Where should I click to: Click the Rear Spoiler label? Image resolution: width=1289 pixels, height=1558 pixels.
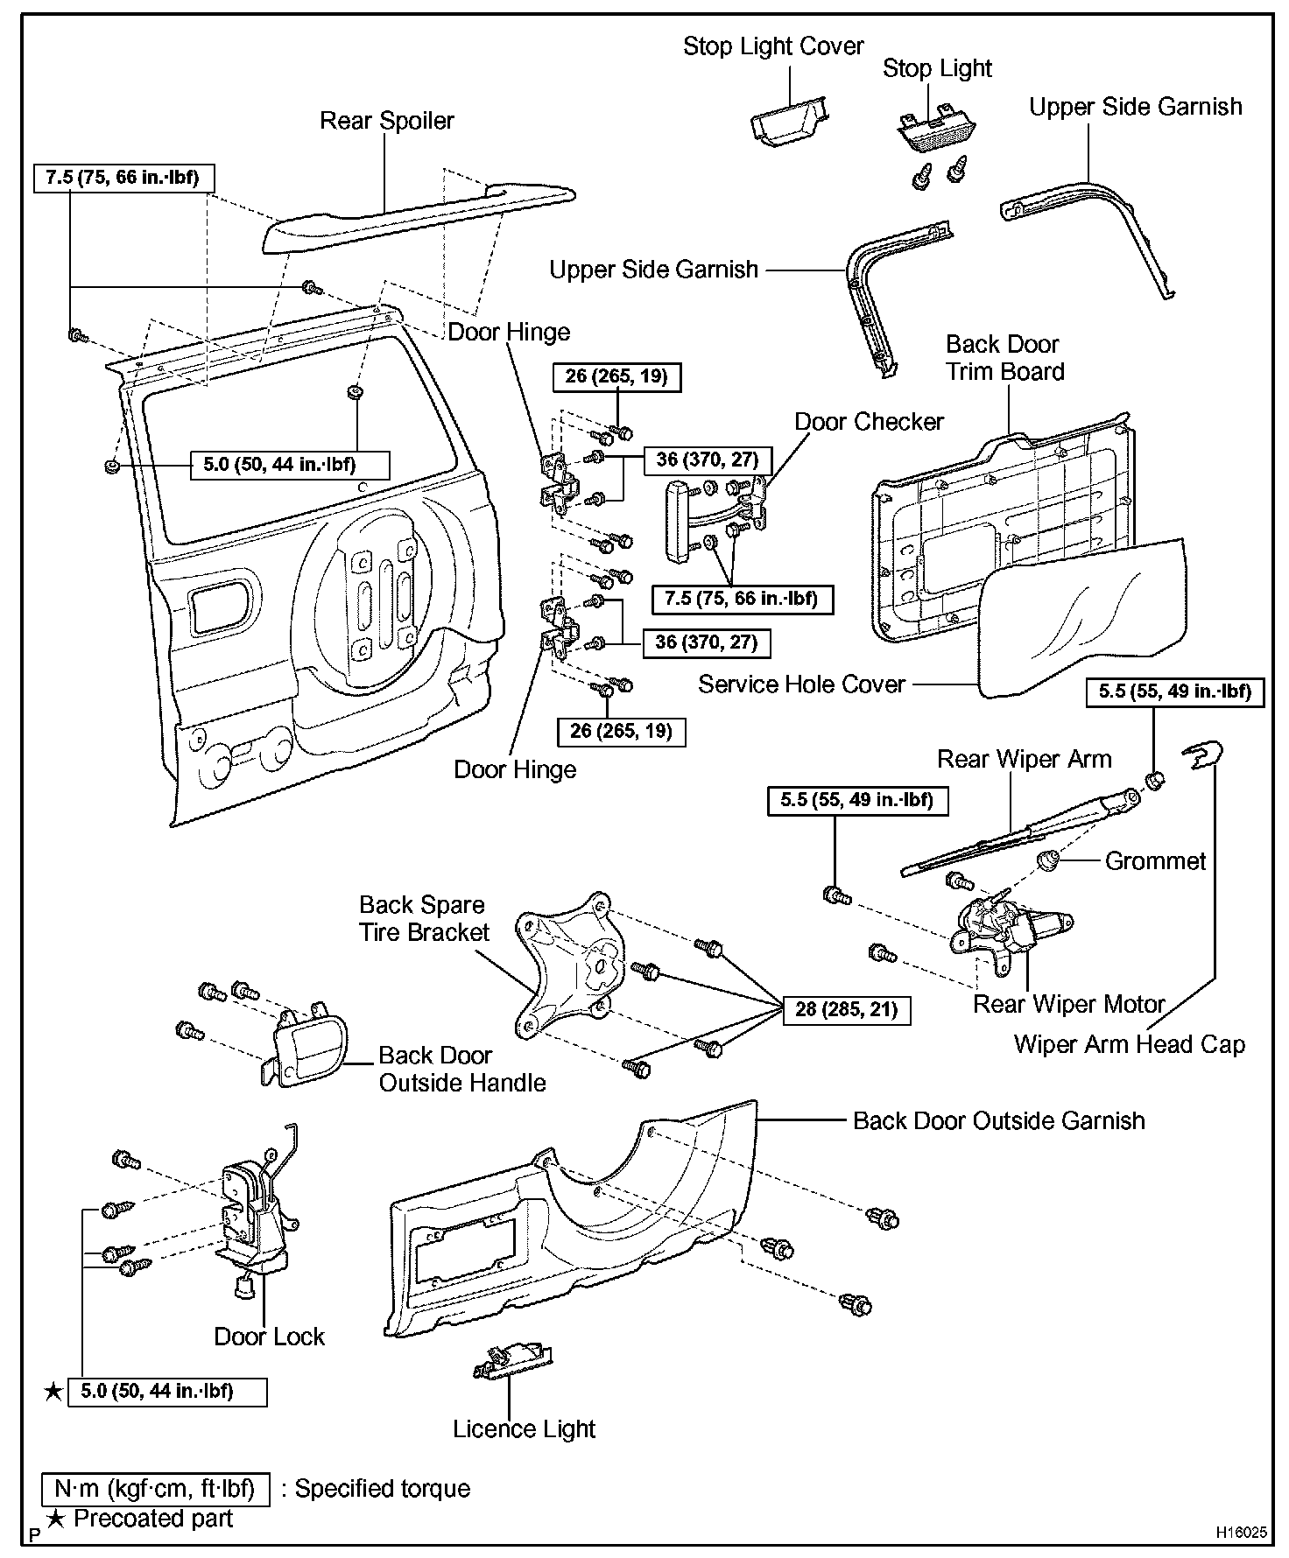(386, 121)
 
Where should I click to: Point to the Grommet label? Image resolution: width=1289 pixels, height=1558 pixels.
(1155, 861)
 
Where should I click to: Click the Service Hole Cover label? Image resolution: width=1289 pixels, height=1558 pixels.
(801, 684)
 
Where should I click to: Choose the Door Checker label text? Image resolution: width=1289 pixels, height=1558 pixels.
(869, 422)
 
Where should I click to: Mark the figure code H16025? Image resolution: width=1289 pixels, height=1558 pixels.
(1240, 1533)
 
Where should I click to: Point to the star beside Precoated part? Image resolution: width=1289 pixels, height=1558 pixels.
(55, 1519)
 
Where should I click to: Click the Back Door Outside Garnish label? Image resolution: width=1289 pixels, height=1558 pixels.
(998, 1121)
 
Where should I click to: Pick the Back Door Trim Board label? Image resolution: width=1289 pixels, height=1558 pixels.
(1004, 358)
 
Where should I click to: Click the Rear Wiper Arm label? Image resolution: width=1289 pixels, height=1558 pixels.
(1024, 759)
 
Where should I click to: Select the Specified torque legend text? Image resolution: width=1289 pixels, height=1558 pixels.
(382, 1489)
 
